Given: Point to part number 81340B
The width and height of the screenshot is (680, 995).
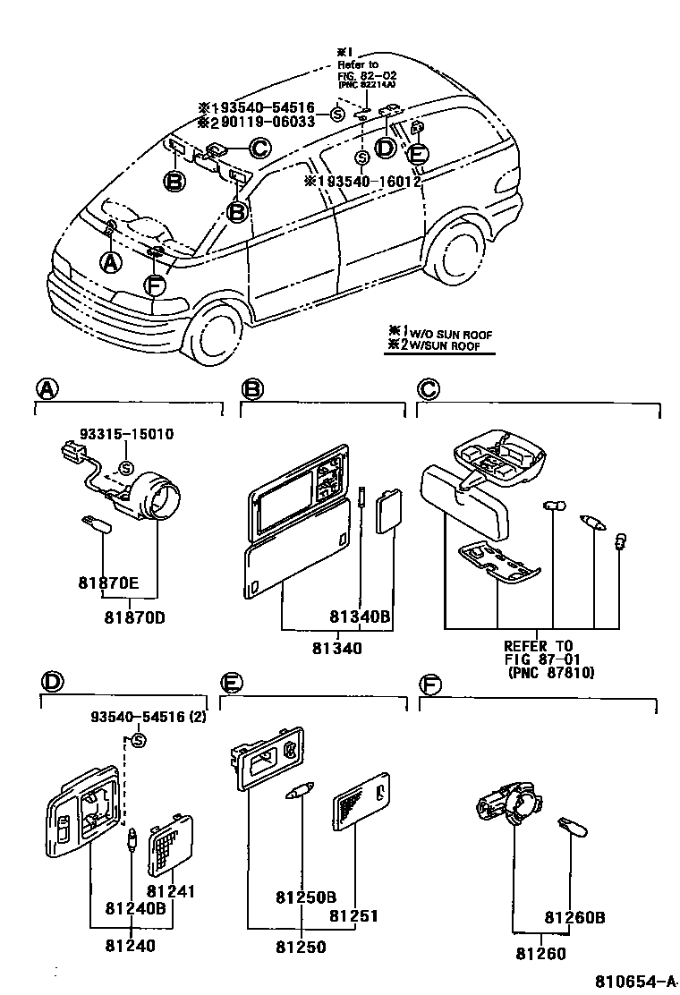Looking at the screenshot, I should point(360,616).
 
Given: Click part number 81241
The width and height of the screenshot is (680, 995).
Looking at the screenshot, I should point(171,891).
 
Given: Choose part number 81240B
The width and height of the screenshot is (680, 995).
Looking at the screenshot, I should point(135,910).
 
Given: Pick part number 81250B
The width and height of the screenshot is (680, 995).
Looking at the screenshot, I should point(306,897).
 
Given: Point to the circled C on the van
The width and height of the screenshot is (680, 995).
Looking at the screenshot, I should point(259,149).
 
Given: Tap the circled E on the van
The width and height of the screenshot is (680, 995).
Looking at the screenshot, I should point(417,154).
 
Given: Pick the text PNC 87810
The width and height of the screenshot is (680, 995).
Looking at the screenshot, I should point(550,671).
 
